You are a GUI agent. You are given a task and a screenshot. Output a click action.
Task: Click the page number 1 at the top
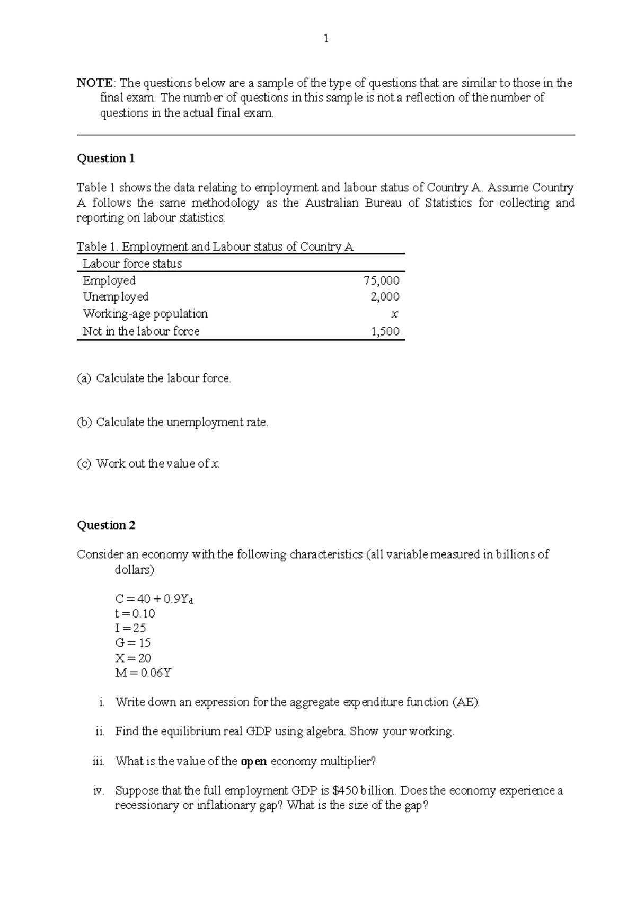point(326,38)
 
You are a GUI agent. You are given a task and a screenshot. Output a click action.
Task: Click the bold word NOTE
point(94,83)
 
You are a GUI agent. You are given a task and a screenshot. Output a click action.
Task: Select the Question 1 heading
point(106,158)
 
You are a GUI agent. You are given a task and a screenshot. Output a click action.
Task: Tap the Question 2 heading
point(106,525)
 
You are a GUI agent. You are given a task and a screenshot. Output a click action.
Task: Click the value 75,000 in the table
point(382,280)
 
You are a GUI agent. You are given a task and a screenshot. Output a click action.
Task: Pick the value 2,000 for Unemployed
point(385,297)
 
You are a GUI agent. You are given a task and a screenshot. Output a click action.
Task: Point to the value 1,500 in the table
point(385,331)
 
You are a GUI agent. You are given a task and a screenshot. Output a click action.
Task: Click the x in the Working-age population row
point(394,314)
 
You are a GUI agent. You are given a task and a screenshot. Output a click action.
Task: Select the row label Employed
point(109,280)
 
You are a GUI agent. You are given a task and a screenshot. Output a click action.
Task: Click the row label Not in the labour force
point(141,331)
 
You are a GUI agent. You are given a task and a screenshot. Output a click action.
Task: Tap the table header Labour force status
point(132,263)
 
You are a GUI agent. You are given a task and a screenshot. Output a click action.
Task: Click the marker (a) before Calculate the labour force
point(84,378)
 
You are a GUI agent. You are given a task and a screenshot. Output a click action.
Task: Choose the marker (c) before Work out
point(84,464)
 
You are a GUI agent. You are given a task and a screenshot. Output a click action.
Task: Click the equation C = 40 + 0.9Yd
point(154,599)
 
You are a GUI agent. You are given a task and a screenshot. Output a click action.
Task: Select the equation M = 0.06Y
point(143,673)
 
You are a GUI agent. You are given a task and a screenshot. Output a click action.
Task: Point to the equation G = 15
point(133,643)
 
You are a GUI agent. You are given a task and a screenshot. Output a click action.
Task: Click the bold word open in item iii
point(254,762)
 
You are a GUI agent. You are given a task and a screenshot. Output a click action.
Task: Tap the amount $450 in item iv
point(346,790)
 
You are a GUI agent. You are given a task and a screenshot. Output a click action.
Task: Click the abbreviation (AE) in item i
point(466,702)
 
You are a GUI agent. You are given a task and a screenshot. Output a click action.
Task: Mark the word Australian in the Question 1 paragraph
point(332,203)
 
